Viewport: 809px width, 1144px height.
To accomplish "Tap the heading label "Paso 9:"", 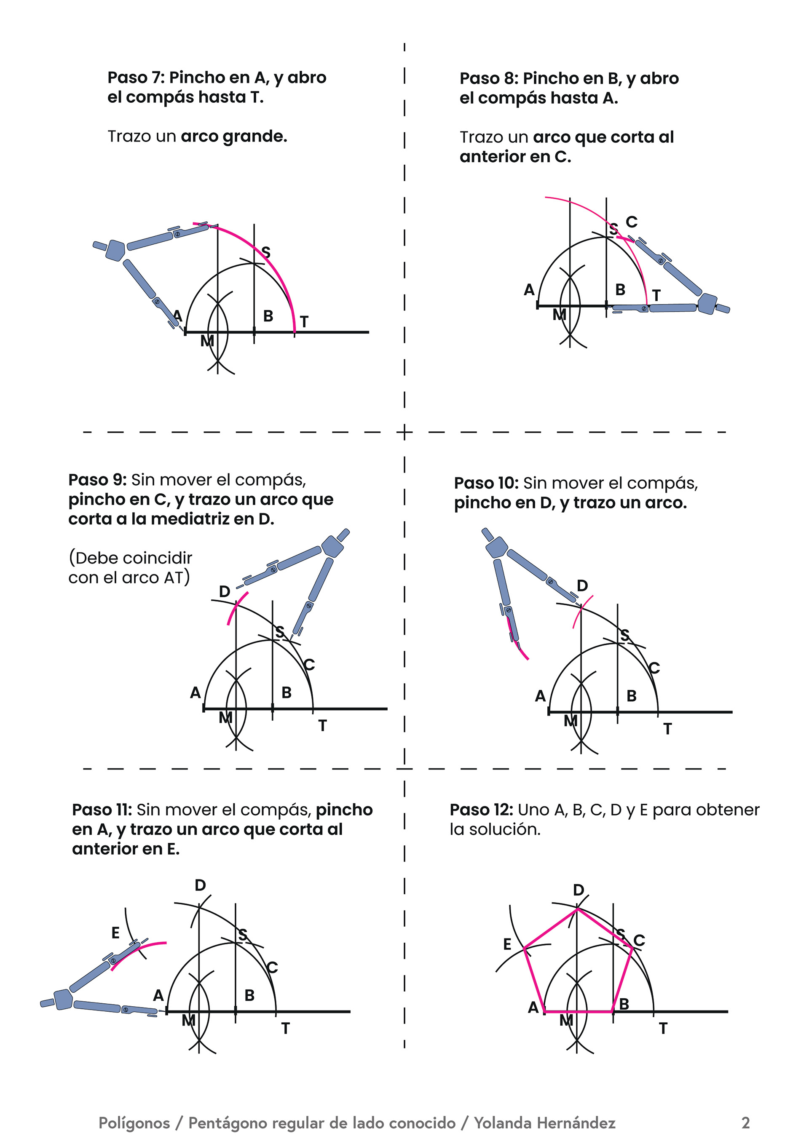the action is [97, 480].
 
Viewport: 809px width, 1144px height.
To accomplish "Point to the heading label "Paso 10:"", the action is [486, 483].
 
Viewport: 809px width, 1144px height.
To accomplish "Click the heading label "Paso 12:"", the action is [481, 810].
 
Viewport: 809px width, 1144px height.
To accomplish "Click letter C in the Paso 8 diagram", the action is [632, 222].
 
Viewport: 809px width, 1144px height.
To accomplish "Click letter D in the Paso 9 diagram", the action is [225, 591].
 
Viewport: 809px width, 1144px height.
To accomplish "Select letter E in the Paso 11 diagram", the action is [115, 932].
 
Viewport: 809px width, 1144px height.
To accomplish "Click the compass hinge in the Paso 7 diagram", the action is [115, 250].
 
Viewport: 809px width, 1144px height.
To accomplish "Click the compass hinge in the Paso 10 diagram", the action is [496, 548].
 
